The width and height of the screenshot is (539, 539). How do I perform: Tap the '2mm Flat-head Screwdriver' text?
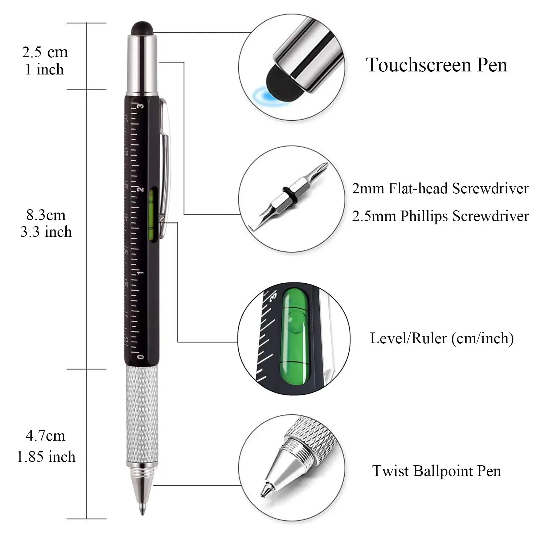[x=440, y=188]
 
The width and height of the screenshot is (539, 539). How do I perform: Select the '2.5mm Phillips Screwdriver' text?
[x=440, y=216]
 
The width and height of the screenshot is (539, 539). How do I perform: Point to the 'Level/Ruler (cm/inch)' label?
[x=442, y=338]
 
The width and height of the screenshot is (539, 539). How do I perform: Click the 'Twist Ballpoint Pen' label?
[x=436, y=471]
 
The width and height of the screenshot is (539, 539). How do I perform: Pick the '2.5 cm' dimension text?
[x=45, y=52]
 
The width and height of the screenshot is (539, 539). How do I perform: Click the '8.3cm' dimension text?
[x=46, y=215]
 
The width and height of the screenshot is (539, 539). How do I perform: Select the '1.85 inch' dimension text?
[x=46, y=457]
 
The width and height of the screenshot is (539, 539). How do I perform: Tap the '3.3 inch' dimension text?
[x=46, y=232]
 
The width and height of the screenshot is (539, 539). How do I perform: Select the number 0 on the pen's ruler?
[x=141, y=356]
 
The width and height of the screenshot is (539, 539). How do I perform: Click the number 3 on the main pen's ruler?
[x=141, y=106]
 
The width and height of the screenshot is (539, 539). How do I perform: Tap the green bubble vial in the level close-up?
[x=295, y=339]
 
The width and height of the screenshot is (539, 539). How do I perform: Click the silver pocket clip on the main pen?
[x=166, y=168]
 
